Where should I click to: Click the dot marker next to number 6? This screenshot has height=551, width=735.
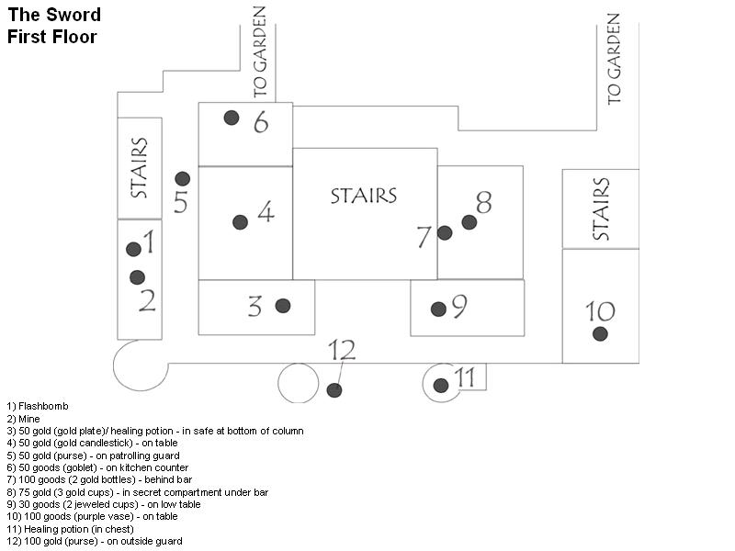coord(232,118)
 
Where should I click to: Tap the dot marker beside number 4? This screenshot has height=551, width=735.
coord(241,222)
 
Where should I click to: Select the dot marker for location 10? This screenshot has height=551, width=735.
coord(600,333)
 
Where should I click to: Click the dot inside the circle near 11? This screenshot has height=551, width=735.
coord(441,385)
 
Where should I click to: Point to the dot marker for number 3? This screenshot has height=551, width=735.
coord(283,306)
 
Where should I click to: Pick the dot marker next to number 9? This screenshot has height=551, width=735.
coord(438,309)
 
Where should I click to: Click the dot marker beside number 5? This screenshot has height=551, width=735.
coord(183,178)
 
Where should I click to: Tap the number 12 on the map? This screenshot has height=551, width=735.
coord(342,350)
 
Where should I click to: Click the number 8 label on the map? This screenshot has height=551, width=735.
coord(483,202)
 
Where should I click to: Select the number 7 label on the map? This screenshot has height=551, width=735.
coord(424,238)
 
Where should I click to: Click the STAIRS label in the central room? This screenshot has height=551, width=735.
coord(364,196)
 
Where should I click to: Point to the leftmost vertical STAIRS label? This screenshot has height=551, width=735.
coord(140,168)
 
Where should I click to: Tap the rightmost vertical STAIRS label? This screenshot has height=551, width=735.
coord(601,209)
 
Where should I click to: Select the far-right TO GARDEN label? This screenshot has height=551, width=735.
coord(614,58)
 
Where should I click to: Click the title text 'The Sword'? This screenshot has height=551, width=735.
coord(54,16)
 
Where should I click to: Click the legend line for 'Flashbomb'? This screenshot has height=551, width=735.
coord(38,406)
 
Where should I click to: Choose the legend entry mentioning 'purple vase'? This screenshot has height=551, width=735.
coord(92,517)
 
